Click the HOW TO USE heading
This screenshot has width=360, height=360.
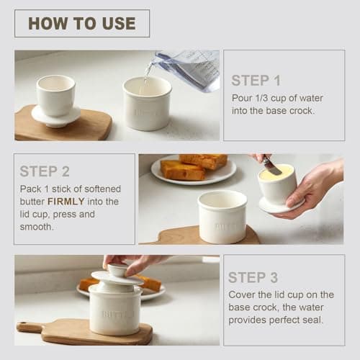pyautogui.click(x=81, y=23)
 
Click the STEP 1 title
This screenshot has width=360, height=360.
pyautogui.click(x=256, y=81)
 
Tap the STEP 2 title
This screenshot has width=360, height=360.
pyautogui.click(x=45, y=171)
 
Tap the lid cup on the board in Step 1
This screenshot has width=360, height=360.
pyautogui.click(x=55, y=97)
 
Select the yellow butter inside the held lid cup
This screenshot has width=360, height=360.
pyautogui.click(x=277, y=172)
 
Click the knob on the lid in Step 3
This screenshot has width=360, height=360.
pyautogui.click(x=118, y=269)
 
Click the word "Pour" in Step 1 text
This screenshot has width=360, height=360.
pyautogui.click(x=240, y=99)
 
